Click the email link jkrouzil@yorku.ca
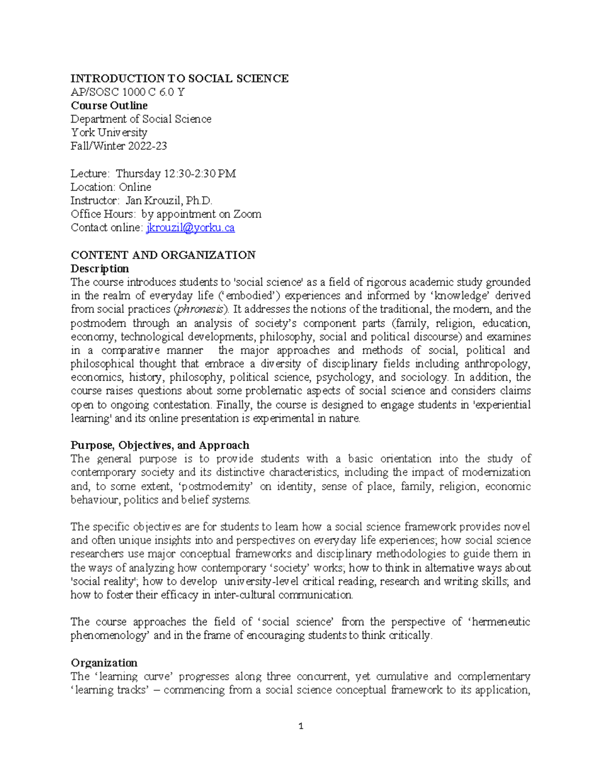[x=190, y=228]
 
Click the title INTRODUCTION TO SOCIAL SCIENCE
[x=180, y=78]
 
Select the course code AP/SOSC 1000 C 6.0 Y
[x=127, y=92]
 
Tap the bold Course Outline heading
[x=109, y=105]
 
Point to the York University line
[x=109, y=133]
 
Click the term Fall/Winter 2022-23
[x=119, y=146]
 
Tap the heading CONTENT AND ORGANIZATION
[x=163, y=255]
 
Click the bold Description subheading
[x=100, y=268]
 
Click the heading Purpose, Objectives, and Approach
[x=160, y=445]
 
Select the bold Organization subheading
[x=104, y=662]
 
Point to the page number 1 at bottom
[x=300, y=726]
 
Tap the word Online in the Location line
[x=135, y=187]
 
